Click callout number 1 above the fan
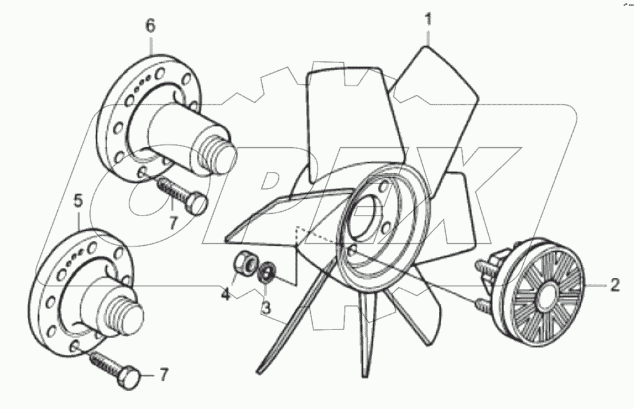click(x=428, y=19)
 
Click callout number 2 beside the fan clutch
click(x=614, y=285)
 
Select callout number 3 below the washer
click(x=266, y=306)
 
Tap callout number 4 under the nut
click(x=226, y=294)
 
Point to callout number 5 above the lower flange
click(x=78, y=201)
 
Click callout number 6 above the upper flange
click(x=150, y=26)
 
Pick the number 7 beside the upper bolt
click(x=173, y=223)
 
